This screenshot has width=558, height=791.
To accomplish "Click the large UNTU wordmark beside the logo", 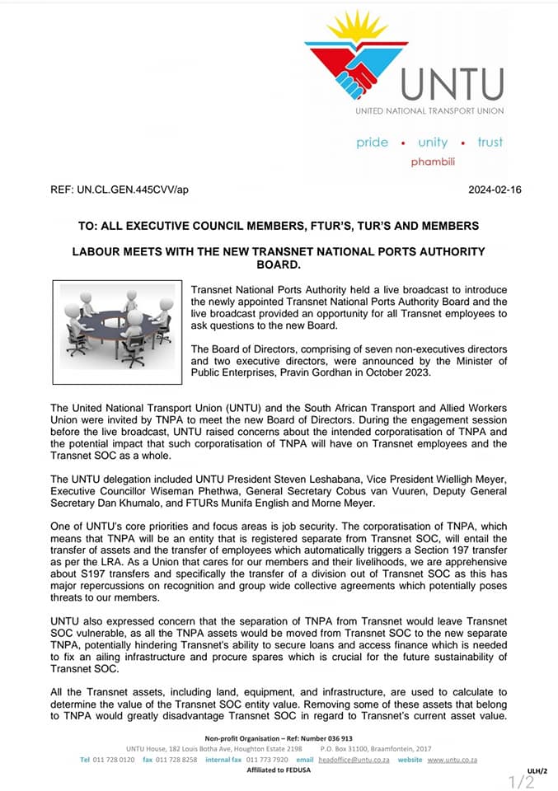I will click(x=452, y=85).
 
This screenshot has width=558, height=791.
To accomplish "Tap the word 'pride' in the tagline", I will click(x=372, y=142).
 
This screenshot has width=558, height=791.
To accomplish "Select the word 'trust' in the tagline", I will click(x=490, y=142).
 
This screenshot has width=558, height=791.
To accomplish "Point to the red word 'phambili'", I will click(x=434, y=161).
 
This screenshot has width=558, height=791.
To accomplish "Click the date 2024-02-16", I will click(x=495, y=190).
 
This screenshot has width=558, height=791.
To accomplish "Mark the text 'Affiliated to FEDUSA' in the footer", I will click(x=278, y=770).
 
